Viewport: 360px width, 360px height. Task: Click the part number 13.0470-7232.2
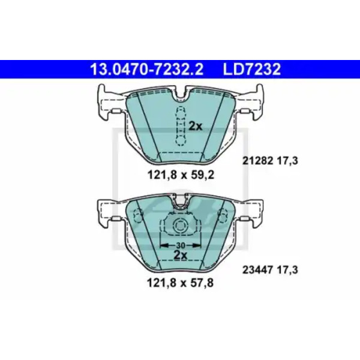pyautogui.click(x=147, y=69)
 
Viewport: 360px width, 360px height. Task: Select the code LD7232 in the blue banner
pyautogui.click(x=251, y=69)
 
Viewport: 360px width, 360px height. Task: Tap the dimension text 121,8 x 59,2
pyautogui.click(x=181, y=175)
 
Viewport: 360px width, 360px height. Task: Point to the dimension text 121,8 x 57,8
pyautogui.click(x=180, y=283)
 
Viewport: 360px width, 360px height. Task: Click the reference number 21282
pyautogui.click(x=257, y=161)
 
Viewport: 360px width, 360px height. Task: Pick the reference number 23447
pyautogui.click(x=257, y=270)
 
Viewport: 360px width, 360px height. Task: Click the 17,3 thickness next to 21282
pyautogui.click(x=288, y=161)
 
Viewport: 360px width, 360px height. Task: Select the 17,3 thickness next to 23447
pyautogui.click(x=288, y=270)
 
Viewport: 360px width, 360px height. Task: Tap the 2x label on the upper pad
pyautogui.click(x=196, y=126)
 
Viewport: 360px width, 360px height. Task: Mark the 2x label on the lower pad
pyautogui.click(x=181, y=255)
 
